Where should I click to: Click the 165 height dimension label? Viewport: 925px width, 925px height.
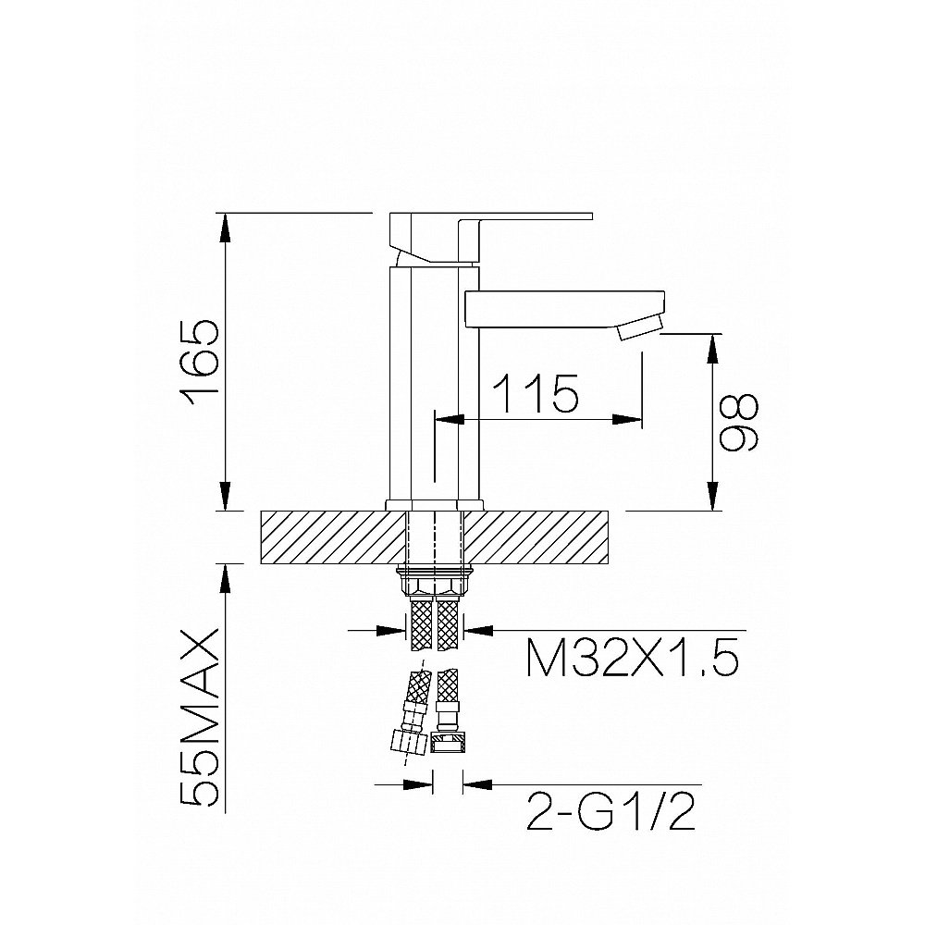click(x=201, y=363)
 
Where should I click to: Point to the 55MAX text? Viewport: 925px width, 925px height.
click(x=201, y=718)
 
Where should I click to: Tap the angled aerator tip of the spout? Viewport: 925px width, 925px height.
click(x=639, y=327)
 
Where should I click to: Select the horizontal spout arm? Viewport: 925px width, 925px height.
click(x=564, y=308)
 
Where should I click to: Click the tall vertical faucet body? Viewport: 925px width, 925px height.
click(x=434, y=384)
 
